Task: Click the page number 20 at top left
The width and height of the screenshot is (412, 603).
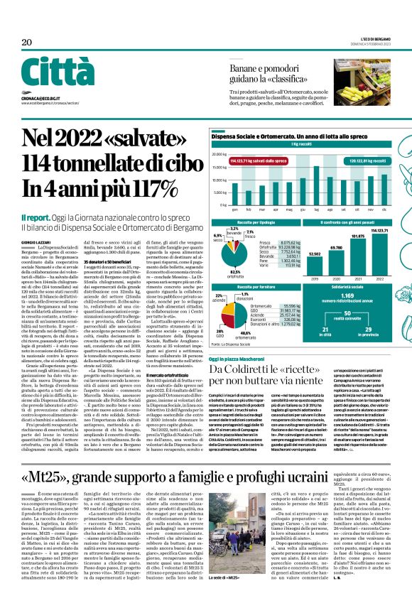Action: (x=27, y=43)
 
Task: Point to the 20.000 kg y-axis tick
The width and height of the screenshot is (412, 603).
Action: (x=221, y=148)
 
